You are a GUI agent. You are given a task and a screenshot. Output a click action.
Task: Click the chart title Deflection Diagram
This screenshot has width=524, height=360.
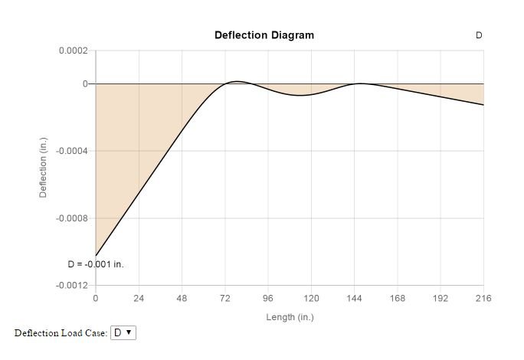point(264,35)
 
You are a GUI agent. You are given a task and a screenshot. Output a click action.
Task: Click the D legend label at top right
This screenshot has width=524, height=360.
point(479,35)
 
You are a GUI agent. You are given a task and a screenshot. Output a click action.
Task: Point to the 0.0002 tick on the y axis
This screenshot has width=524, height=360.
point(74,51)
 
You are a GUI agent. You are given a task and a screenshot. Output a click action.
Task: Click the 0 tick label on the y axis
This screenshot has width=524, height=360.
point(85,83)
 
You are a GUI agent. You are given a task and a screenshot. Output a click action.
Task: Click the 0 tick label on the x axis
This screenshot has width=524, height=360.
point(95,298)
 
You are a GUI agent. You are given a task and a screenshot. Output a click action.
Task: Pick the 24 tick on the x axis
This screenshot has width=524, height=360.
point(139,298)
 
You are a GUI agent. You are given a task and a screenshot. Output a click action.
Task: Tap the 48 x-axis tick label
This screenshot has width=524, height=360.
point(182,298)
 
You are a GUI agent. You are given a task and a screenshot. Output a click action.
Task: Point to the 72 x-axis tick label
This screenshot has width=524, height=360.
point(224,298)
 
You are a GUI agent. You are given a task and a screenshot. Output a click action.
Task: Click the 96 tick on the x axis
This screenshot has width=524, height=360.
point(268,298)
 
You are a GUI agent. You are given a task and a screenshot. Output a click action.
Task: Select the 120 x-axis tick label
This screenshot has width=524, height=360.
point(311,298)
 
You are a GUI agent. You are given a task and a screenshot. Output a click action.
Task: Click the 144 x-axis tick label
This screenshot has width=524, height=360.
point(354,298)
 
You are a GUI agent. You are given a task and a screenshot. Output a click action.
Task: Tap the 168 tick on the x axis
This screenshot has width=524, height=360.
point(398,298)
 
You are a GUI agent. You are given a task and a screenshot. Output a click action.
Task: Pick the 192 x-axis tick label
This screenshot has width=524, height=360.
point(440,298)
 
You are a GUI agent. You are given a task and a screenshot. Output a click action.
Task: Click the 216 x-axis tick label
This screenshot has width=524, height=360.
point(483,298)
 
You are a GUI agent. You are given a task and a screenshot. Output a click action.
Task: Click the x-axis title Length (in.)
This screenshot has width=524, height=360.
point(290,317)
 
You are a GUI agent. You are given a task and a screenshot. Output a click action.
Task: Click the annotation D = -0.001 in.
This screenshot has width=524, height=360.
point(95,264)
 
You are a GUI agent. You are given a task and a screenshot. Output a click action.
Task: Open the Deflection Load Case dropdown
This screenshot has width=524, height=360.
point(123,332)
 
